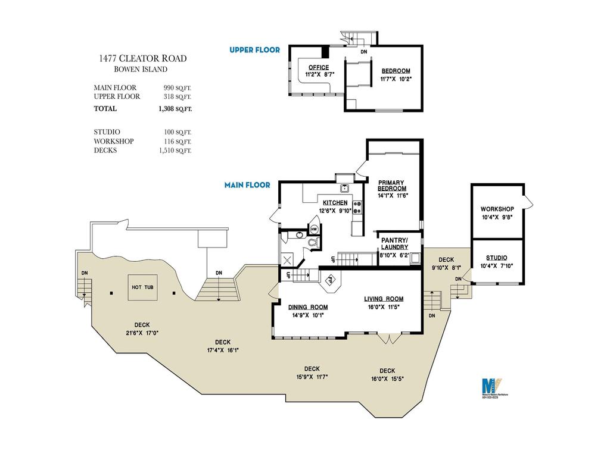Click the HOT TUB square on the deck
[142, 287]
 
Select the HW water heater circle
[314, 229]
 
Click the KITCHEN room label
[335, 203]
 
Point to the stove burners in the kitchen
[357, 208]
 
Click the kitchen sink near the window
[344, 189]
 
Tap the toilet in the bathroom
[312, 243]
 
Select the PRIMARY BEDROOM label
[391, 186]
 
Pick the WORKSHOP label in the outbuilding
[497, 209]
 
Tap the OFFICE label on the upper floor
[319, 67]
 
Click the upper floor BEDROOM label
[396, 71]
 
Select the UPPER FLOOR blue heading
[255, 50]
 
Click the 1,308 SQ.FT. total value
[175, 109]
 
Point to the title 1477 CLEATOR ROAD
[143, 58]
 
